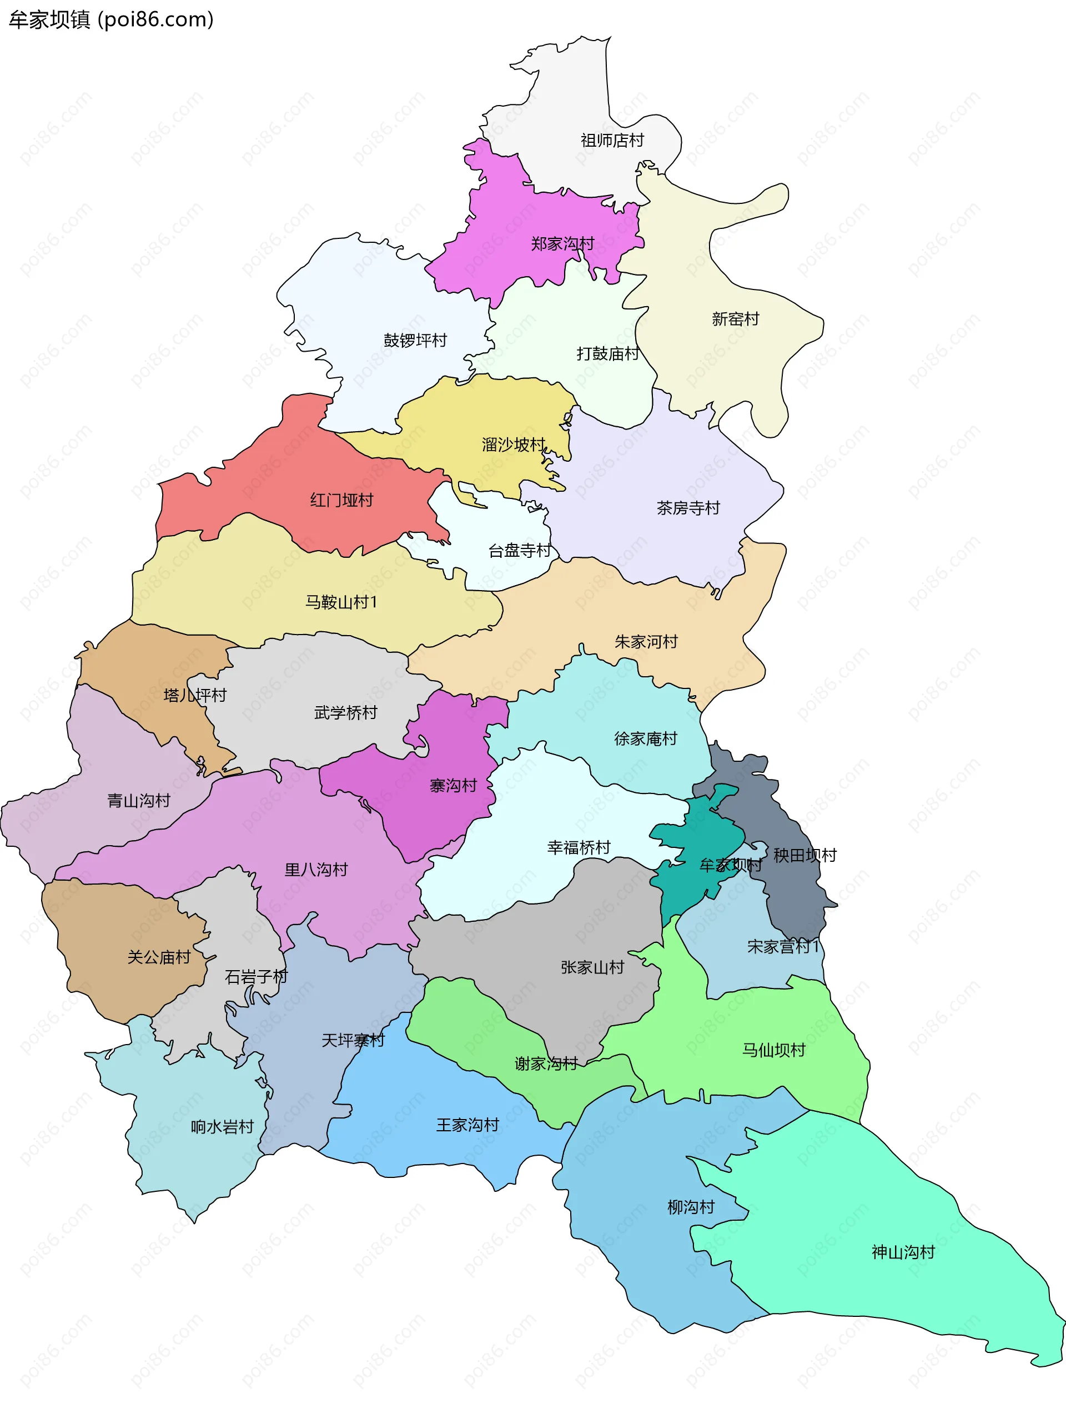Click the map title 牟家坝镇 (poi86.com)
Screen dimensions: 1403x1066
(x=111, y=19)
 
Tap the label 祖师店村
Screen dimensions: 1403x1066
(x=612, y=140)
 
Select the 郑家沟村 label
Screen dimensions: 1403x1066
(x=562, y=244)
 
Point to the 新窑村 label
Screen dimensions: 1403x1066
(x=736, y=319)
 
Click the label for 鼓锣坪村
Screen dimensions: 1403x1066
(x=415, y=340)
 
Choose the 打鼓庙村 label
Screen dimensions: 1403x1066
(x=607, y=353)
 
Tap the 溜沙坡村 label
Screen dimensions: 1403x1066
(x=514, y=445)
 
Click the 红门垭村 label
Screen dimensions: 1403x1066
(x=341, y=500)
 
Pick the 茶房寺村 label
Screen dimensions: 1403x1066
(x=688, y=508)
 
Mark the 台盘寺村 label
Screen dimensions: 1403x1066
(x=519, y=551)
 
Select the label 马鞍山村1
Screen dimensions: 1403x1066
(x=341, y=602)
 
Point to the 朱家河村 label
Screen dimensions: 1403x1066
(x=646, y=642)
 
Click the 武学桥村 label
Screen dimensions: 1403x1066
(x=345, y=713)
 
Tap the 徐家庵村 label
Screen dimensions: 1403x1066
(x=645, y=738)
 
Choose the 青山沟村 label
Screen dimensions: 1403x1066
(x=138, y=801)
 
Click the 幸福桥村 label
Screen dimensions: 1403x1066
(x=578, y=847)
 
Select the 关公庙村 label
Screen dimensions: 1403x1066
(x=159, y=957)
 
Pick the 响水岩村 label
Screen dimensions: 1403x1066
(x=222, y=1127)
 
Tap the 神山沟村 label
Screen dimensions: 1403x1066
(x=903, y=1252)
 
